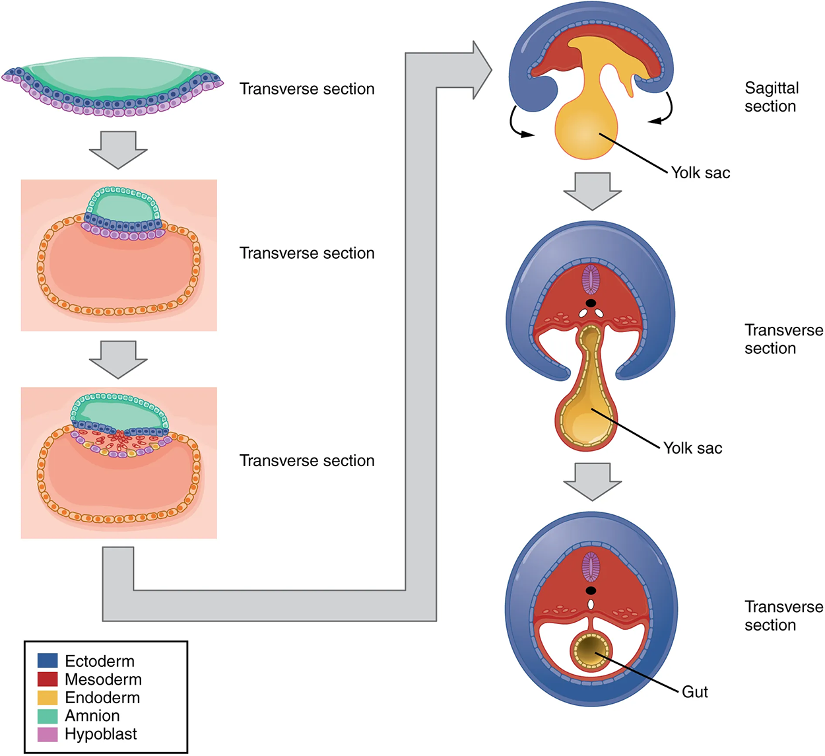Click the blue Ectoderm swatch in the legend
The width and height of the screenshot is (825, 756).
48,661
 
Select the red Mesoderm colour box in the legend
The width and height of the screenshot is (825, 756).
48,679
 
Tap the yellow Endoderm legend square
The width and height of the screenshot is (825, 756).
48,698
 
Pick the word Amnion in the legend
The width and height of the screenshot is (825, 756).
92,716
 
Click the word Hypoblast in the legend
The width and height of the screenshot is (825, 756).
101,734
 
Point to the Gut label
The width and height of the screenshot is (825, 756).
694,692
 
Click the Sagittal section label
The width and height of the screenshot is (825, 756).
771,97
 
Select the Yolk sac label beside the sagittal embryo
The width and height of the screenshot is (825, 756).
700,173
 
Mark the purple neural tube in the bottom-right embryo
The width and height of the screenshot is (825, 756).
591,566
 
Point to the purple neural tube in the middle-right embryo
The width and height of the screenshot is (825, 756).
591,279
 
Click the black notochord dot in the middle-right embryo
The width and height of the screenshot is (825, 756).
591,303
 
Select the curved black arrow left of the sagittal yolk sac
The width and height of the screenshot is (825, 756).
518,123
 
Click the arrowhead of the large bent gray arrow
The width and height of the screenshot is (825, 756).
480,70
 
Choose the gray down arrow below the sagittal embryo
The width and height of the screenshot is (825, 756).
592,190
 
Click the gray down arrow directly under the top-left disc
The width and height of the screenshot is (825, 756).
118,149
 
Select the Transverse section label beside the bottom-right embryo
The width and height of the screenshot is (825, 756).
783,616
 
